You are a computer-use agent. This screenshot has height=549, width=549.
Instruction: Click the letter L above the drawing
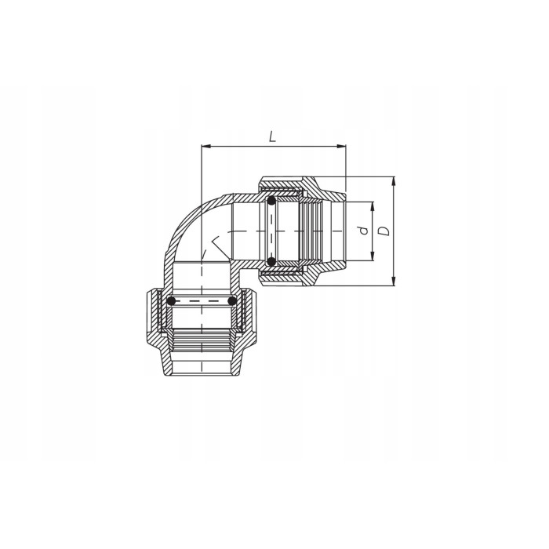(x=272, y=136)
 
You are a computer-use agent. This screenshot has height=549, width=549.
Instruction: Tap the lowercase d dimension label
(x=362, y=231)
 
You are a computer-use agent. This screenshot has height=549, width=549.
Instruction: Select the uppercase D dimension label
(x=384, y=231)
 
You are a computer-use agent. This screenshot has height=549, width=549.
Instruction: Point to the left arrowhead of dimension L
(x=205, y=146)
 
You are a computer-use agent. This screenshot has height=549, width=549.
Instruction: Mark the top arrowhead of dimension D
(x=394, y=180)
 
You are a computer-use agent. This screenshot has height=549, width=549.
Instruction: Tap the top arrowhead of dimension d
(x=373, y=205)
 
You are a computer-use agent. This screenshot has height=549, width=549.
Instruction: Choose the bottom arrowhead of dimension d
(x=373, y=258)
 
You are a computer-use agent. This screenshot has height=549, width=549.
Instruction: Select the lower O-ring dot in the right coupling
(x=271, y=261)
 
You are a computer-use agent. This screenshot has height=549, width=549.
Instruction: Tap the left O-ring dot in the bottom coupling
(x=171, y=301)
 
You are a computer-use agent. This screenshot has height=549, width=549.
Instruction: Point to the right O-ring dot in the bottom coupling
(x=231, y=301)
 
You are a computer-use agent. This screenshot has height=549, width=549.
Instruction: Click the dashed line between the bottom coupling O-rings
(x=201, y=301)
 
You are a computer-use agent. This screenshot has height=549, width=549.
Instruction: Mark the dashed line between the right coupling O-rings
(x=271, y=231)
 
